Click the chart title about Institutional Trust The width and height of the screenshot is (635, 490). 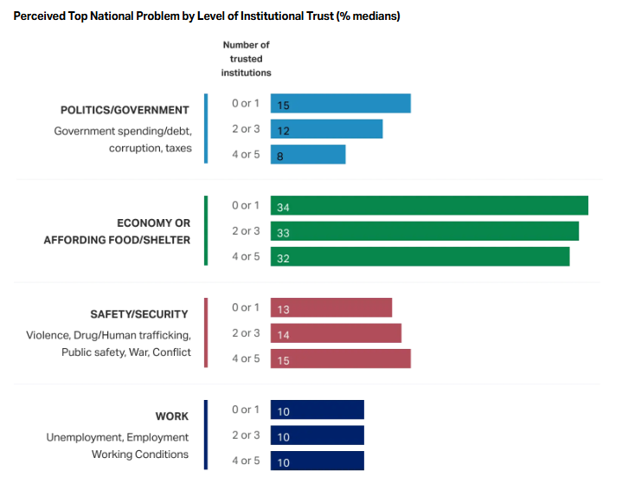tap(207, 16)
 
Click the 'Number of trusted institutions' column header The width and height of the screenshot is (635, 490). tap(246, 59)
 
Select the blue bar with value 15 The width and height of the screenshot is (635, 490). tap(340, 104)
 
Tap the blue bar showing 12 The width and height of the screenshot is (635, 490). tap(326, 129)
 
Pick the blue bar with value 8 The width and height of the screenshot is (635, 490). tap(308, 155)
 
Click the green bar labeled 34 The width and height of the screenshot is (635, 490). tap(429, 206)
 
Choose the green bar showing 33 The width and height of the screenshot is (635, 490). tap(424, 232)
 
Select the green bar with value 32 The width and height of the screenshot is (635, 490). tap(420, 257)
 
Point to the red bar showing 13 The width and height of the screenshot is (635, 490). tap(330, 308)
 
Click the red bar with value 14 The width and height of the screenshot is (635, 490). tap(336, 333)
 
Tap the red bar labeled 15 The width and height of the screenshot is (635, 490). tap(340, 359)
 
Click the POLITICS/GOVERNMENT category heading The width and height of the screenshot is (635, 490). tap(125, 110)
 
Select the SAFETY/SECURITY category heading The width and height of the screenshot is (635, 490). tap(140, 314)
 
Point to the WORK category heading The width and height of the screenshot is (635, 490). tap(172, 416)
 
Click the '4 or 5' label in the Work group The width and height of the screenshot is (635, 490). tap(246, 461)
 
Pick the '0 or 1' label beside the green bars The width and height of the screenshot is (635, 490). tap(246, 205)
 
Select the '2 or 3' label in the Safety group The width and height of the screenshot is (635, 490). tap(246, 332)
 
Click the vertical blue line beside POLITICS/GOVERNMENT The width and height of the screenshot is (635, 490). tap(206, 128)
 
